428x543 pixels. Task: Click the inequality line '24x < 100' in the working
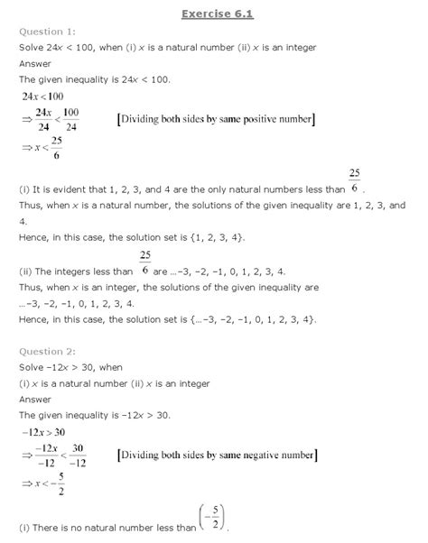tap(45, 95)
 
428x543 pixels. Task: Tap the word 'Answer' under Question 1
tap(36, 63)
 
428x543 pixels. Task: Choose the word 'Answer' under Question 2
tap(36, 400)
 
